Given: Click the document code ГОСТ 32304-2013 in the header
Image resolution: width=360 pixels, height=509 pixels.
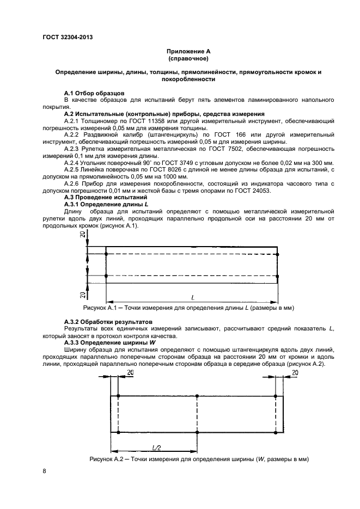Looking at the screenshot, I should tap(67, 36).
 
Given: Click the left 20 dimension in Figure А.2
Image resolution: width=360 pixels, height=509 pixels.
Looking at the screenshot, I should tap(130, 372).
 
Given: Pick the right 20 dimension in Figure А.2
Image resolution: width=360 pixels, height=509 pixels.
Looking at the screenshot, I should tap(294, 372).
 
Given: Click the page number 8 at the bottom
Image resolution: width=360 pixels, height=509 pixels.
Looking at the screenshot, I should tap(44, 471).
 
